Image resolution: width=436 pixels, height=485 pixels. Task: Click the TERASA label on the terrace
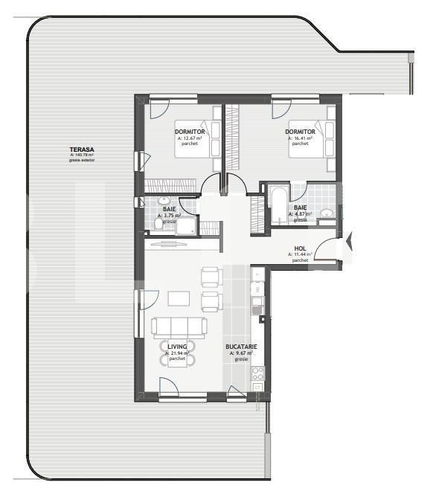[x=77, y=150]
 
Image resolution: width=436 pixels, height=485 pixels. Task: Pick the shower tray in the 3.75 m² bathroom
[x=186, y=225]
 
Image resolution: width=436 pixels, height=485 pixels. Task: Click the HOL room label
[x=300, y=248]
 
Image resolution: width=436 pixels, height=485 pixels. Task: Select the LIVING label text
[x=177, y=347]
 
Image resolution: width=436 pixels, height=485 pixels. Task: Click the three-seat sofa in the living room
[x=179, y=327]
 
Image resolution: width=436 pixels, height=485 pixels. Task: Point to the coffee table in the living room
[x=179, y=298]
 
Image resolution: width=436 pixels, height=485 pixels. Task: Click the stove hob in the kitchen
[x=257, y=373]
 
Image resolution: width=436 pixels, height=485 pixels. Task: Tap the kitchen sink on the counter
[x=257, y=303]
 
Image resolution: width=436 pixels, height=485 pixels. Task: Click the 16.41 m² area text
[x=300, y=138]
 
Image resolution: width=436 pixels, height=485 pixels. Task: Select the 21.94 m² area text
[x=177, y=353]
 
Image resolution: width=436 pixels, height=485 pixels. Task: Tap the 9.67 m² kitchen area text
[x=241, y=353]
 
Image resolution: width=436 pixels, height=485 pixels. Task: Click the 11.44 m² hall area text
[x=299, y=254]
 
